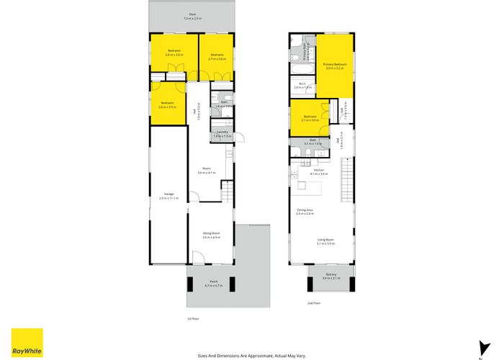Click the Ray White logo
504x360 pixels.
(27, 341)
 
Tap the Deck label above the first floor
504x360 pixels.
(192, 16)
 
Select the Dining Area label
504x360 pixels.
(305, 212)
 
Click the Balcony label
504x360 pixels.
(330, 276)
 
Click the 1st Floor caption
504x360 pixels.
(192, 318)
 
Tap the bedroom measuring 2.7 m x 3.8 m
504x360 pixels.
(217, 57)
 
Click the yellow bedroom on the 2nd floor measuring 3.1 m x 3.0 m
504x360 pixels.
(311, 118)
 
